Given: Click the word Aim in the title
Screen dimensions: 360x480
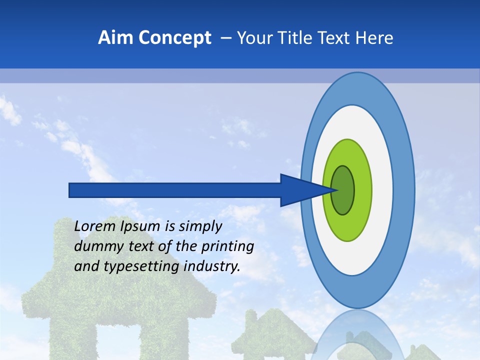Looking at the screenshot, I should point(115,38).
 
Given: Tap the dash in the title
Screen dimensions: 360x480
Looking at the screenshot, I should point(226,38).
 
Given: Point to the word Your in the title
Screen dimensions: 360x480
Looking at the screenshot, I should point(253,38).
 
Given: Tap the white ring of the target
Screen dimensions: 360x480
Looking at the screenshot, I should point(382,190).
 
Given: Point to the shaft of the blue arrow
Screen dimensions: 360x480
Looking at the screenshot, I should point(175,190).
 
